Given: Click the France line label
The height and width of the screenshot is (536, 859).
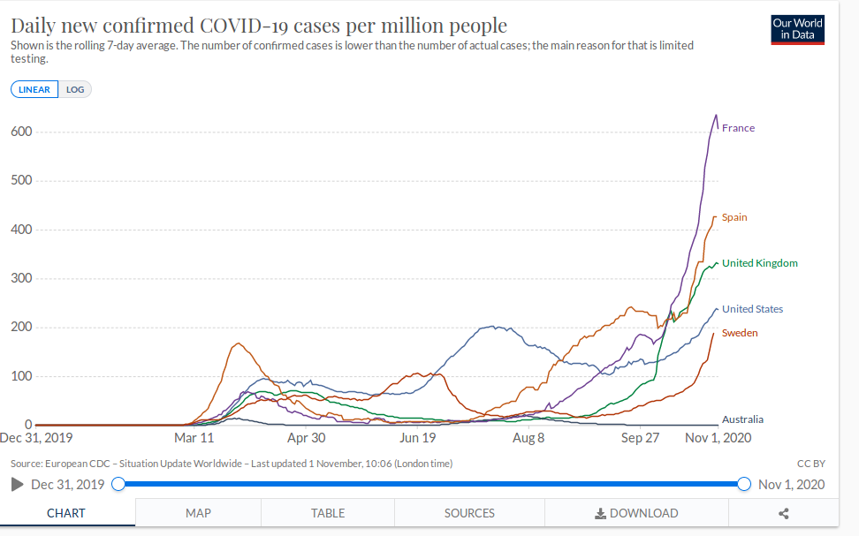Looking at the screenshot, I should pyautogui.click(x=738, y=128).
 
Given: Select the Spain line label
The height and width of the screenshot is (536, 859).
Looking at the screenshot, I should pyautogui.click(x=734, y=217).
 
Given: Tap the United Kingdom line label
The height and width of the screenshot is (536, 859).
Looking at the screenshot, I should pyautogui.click(x=759, y=263).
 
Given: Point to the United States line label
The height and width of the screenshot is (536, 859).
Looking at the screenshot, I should pyautogui.click(x=752, y=309).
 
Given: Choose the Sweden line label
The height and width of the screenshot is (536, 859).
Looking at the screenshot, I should pyautogui.click(x=740, y=333).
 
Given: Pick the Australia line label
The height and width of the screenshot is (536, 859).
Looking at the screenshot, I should pyautogui.click(x=742, y=419).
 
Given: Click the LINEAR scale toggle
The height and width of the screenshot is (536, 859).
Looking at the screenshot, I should pyautogui.click(x=34, y=89).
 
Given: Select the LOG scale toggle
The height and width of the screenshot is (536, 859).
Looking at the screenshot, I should pyautogui.click(x=75, y=89).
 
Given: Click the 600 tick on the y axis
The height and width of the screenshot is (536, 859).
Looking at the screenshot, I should pyautogui.click(x=21, y=132).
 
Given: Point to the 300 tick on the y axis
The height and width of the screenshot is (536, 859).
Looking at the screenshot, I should pyautogui.click(x=21, y=279).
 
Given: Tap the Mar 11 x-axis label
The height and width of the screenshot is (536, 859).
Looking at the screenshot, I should pyautogui.click(x=194, y=438).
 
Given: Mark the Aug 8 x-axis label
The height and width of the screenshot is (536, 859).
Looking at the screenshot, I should pyautogui.click(x=528, y=438).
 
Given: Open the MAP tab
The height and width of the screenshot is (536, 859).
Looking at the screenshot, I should pyautogui.click(x=198, y=513).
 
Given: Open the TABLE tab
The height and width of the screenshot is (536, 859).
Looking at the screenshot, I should pyautogui.click(x=328, y=513).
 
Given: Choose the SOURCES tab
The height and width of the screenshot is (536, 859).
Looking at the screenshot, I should pyautogui.click(x=469, y=513).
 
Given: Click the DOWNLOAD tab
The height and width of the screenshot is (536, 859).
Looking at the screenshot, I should pyautogui.click(x=636, y=513).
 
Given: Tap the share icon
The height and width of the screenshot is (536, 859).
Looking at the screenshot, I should pyautogui.click(x=783, y=513).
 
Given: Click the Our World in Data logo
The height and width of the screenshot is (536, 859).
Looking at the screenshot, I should pyautogui.click(x=797, y=29).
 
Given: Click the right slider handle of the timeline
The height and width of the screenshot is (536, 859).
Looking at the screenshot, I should pyautogui.click(x=743, y=484).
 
